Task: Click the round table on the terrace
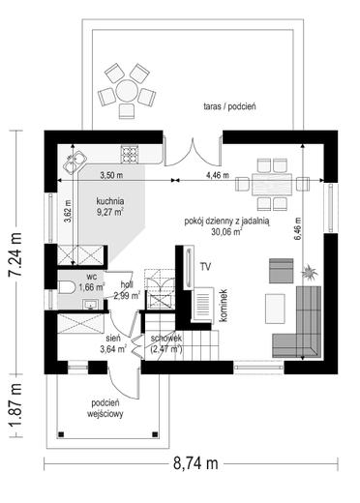pyautogui.click(x=127, y=91)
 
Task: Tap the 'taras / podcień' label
pyautogui.click(x=229, y=106)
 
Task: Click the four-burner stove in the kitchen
pyautogui.click(x=130, y=154)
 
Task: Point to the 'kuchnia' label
pyautogui.click(x=110, y=201)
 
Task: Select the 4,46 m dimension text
pyautogui.click(x=218, y=175)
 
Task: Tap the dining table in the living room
pyautogui.click(x=272, y=185)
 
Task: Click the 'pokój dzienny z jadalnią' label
pyautogui.click(x=227, y=222)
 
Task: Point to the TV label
pyautogui.click(x=205, y=267)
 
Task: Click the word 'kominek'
pyautogui.click(x=224, y=306)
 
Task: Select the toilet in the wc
pyautogui.click(x=66, y=287)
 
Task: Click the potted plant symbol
pyautogui.click(x=310, y=272)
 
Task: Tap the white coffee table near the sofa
pyautogui.click(x=275, y=309)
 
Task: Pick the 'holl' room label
pyautogui.click(x=127, y=284)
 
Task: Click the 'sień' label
pyautogui.click(x=113, y=338)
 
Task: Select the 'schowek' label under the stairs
pyautogui.click(x=166, y=339)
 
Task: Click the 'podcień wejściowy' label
pyautogui.click(x=105, y=408)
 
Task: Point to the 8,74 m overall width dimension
pyautogui.click(x=195, y=463)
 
